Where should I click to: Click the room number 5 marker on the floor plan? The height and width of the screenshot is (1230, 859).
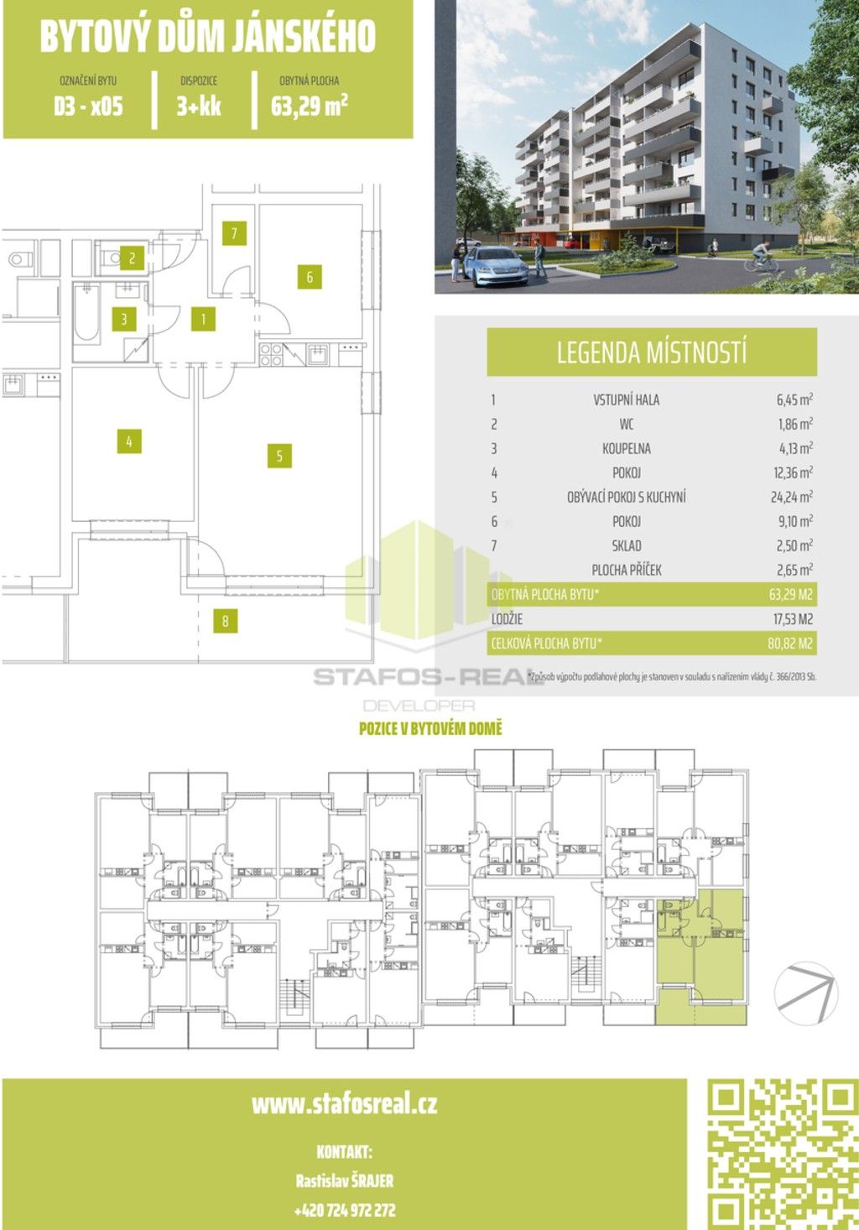tap(279, 456)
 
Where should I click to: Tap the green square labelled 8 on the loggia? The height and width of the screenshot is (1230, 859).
tap(225, 621)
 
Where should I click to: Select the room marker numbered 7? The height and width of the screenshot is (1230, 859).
tap(235, 232)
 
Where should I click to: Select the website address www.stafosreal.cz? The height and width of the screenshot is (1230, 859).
tap(344, 1103)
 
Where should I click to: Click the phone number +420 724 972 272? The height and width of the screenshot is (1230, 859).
tap(345, 1211)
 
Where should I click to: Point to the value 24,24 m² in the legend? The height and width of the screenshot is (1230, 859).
tap(791, 497)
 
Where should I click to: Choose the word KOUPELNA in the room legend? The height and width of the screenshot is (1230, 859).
tap(626, 448)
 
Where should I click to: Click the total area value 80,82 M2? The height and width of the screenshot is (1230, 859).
tap(791, 644)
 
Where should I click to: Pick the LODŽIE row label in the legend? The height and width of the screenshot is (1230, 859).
tap(507, 619)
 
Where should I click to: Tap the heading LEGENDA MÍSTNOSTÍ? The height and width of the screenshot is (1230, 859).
tap(652, 352)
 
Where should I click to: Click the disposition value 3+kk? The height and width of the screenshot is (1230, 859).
tap(199, 107)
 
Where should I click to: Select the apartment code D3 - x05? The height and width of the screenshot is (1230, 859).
tap(88, 107)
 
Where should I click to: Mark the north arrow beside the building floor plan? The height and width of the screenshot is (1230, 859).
tap(806, 992)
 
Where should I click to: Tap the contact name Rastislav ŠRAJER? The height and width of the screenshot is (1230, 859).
tap(345, 1180)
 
